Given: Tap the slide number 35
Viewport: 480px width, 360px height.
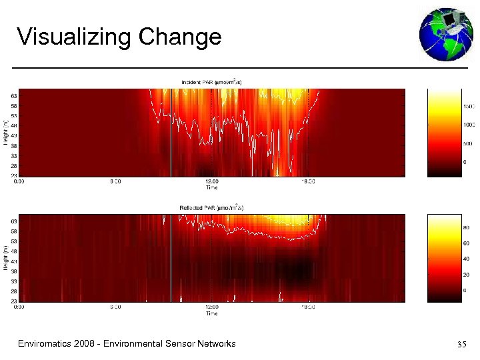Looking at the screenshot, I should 461,345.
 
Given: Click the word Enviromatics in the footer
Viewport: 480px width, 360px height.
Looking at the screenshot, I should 47,344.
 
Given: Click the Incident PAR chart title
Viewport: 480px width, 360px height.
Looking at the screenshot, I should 211,83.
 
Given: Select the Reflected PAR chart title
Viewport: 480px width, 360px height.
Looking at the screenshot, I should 211,208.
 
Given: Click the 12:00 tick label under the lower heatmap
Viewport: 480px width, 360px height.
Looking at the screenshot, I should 211,307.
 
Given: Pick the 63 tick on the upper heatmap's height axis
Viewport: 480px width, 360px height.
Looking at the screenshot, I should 14,95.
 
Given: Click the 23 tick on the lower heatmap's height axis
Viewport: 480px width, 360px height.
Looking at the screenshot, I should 14,301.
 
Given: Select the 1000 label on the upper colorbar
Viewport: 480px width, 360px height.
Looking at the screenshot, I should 469,125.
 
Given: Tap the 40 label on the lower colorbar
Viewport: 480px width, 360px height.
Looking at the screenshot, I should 467,259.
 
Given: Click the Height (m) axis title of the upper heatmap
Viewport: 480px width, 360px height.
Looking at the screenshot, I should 6,132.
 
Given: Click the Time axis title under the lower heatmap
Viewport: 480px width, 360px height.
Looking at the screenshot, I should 211,313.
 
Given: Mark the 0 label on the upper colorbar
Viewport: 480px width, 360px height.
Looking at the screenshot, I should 465,162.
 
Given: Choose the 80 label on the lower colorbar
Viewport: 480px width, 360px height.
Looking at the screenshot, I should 467,227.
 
